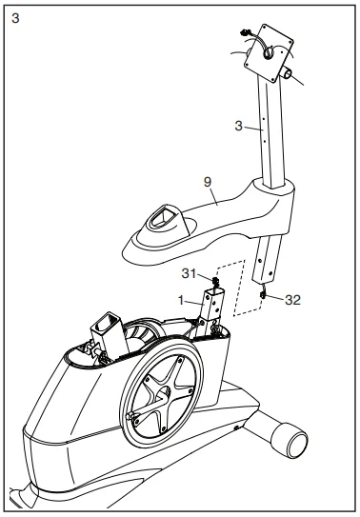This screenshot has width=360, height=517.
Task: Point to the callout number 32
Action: pos(292,298)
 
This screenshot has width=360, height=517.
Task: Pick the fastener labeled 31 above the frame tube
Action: pos(216,283)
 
